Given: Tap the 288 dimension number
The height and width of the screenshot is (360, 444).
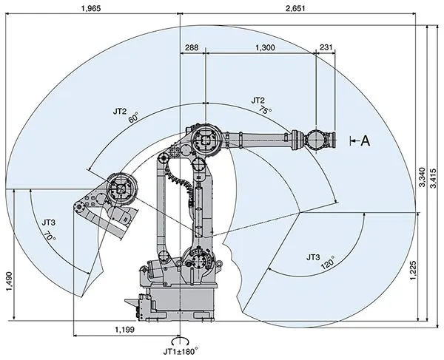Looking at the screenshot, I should [x=192, y=47].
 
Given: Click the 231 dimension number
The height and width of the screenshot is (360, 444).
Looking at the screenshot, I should [x=326, y=47].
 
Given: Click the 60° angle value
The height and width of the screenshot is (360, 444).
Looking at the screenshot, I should [x=133, y=119].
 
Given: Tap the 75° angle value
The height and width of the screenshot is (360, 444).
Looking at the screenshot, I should [x=265, y=109].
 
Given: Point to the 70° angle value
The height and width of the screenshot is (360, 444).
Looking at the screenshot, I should [x=50, y=239].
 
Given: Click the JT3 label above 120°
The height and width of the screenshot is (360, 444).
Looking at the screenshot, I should [x=313, y=257].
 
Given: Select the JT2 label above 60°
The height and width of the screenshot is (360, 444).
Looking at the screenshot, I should [x=120, y=112].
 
